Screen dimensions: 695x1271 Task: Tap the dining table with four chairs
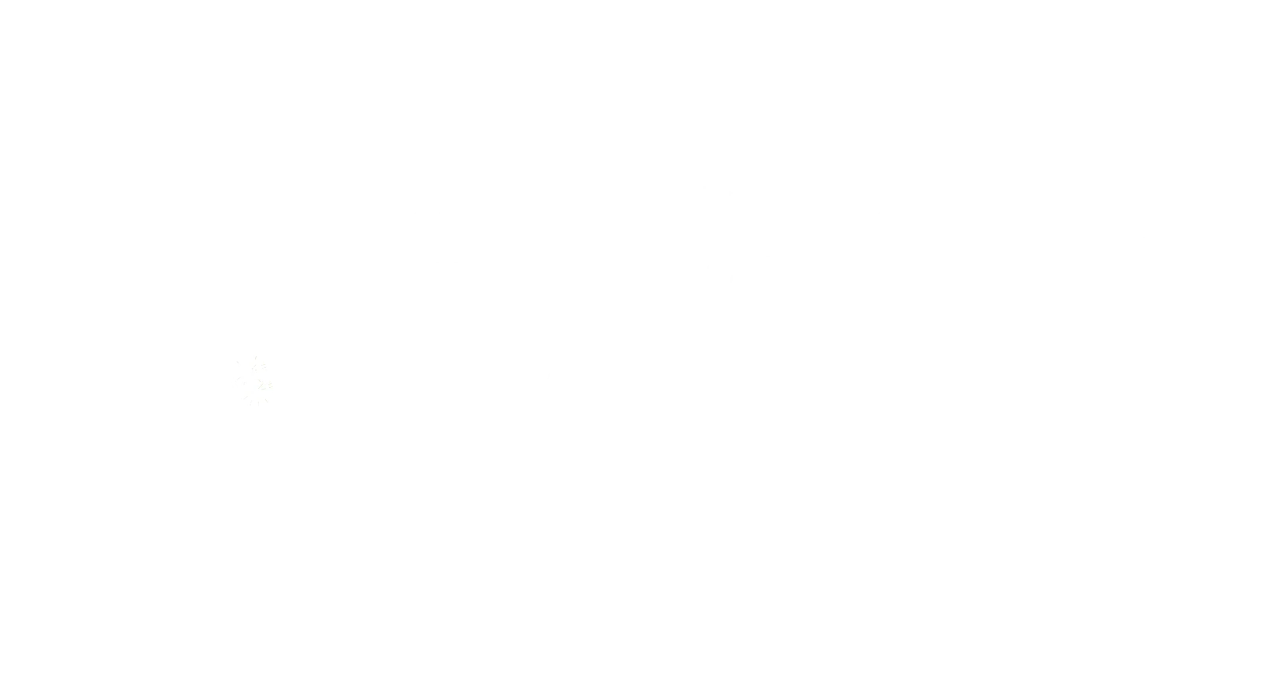pyautogui.click(x=813, y=602)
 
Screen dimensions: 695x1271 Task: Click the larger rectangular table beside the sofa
pyautogui.click(x=396, y=545)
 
